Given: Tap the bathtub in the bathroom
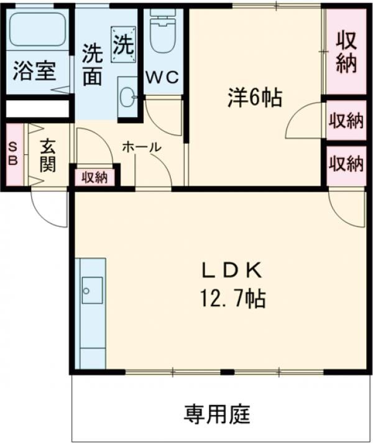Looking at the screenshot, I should pyautogui.click(x=38, y=29).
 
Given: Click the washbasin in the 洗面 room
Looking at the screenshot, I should pyautogui.click(x=127, y=96).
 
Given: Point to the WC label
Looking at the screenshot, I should pyautogui.click(x=162, y=78).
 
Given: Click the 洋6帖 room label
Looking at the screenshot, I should pyautogui.click(x=255, y=98).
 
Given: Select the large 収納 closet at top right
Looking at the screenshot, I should pyautogui.click(x=346, y=51).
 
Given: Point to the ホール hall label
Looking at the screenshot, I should pyautogui.click(x=141, y=147).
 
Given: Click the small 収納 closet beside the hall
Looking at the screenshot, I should pyautogui.click(x=94, y=177).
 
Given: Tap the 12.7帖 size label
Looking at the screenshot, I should pyautogui.click(x=233, y=299).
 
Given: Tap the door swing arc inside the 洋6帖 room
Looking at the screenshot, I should pyautogui.click(x=302, y=121).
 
